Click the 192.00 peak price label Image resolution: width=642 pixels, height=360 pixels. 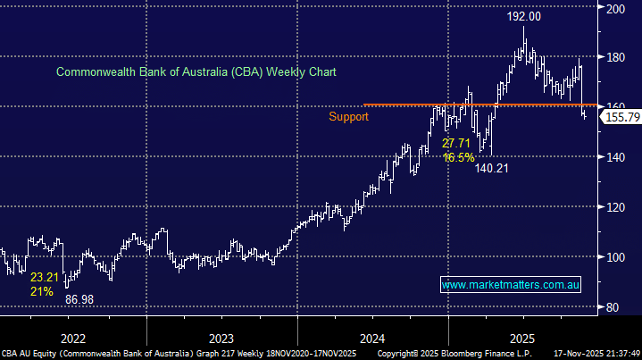pyautogui.click(x=524, y=16)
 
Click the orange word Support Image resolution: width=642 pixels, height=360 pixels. pyautogui.click(x=348, y=116)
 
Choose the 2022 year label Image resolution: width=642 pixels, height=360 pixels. pyautogui.click(x=73, y=339)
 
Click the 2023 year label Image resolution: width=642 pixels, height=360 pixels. pyautogui.click(x=221, y=339)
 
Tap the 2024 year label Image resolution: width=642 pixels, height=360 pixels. pyautogui.click(x=371, y=339)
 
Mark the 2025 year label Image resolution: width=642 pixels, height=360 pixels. pyautogui.click(x=522, y=339)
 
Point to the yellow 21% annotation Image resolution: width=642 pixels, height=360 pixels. pyautogui.click(x=41, y=292)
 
